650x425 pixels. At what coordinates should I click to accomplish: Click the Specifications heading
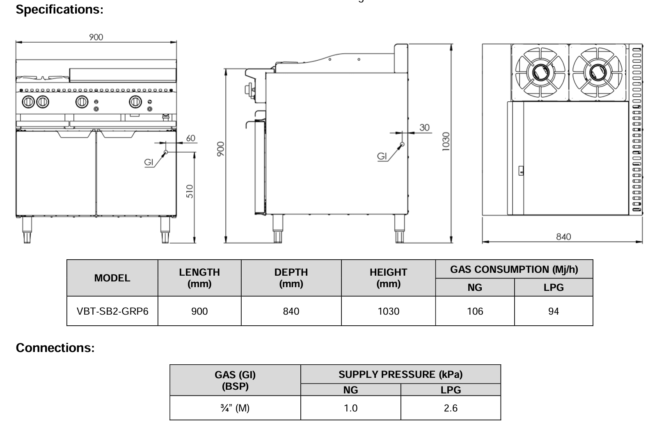coord(60,9)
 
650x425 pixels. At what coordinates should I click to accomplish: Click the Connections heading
coord(55,348)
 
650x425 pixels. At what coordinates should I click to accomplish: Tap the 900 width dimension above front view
coord(96,37)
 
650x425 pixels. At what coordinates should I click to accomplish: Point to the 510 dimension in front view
coord(190,191)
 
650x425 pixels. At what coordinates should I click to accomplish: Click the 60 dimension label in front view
coord(191,138)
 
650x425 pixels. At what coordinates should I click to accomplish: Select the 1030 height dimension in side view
coord(446,141)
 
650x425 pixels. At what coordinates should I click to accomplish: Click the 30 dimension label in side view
coord(424,128)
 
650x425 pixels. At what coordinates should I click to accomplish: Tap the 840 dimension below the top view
coord(563,237)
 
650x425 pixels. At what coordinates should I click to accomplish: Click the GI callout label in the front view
coord(149,162)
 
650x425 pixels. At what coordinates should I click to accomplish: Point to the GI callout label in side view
coord(382,156)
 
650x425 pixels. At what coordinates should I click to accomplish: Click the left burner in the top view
coord(540,72)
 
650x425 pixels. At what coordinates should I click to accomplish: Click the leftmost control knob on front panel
coord(28,101)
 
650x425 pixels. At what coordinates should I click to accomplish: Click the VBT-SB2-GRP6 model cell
coord(112,311)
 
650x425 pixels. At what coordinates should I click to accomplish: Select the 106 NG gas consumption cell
coord(475,311)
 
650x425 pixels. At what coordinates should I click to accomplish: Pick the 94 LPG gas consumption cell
coord(553,311)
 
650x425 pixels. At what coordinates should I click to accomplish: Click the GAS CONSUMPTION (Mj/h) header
coord(514,270)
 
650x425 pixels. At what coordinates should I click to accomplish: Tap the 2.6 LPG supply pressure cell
coord(451,408)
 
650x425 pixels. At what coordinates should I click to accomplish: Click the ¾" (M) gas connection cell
coord(235,408)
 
